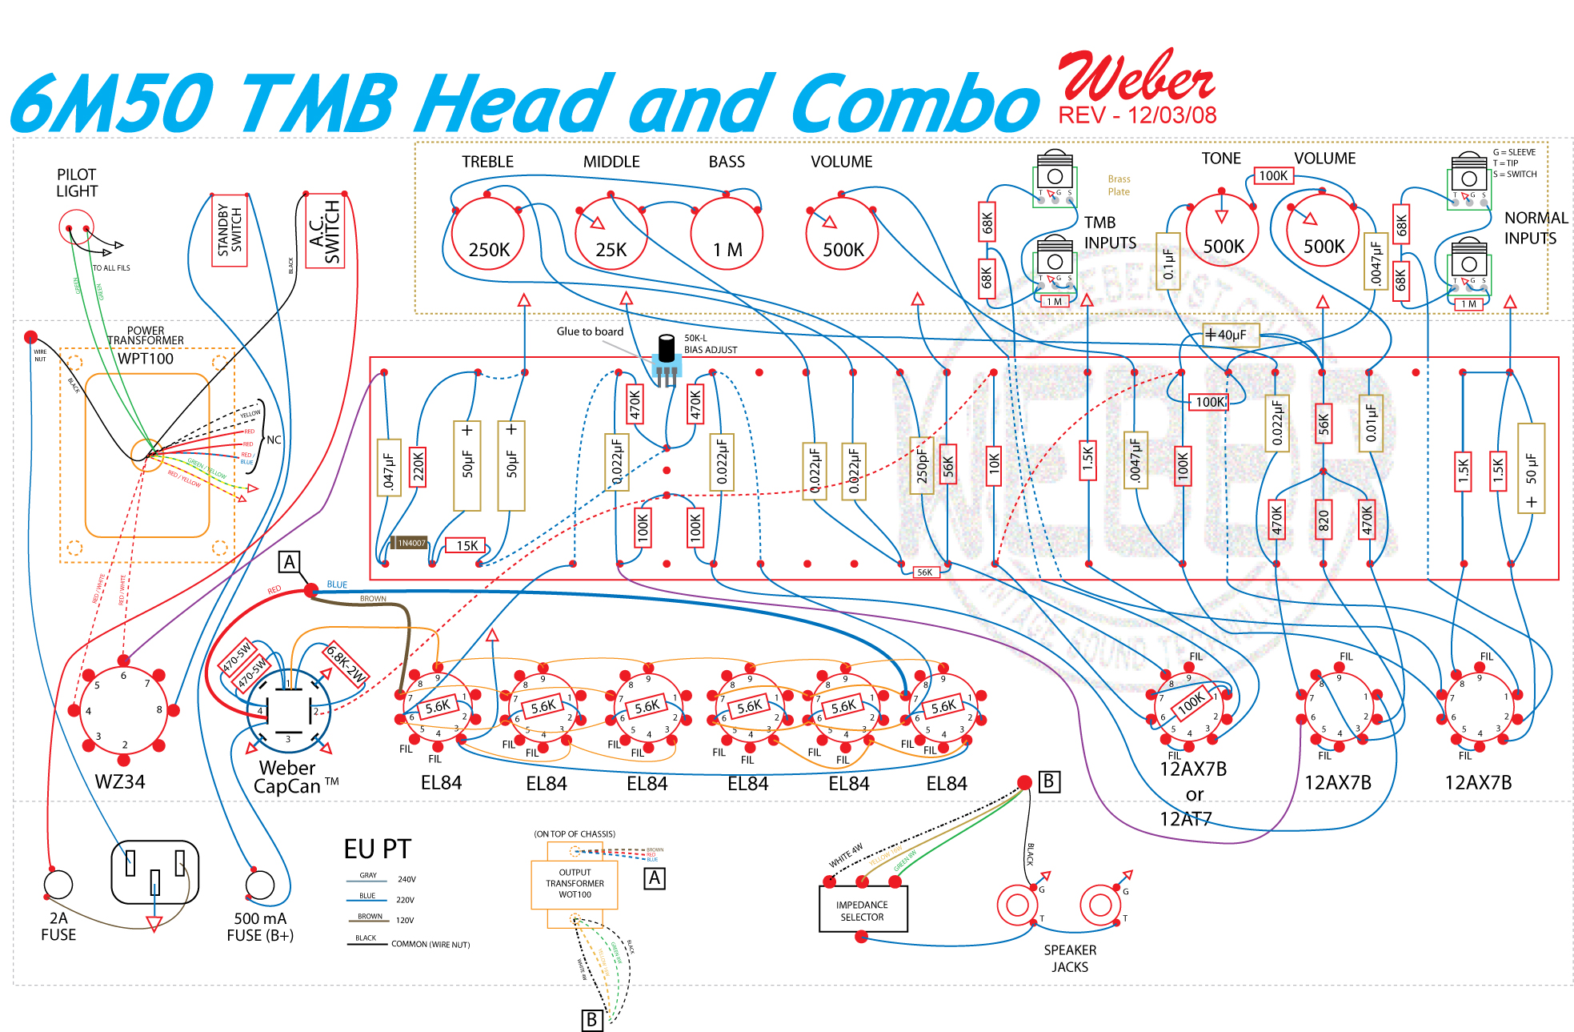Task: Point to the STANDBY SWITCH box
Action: [230, 230]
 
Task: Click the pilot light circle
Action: [76, 227]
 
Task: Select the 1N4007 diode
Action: [411, 543]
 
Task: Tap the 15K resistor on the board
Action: [467, 545]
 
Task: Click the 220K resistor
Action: [418, 467]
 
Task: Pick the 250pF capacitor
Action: [922, 465]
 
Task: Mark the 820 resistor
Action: [1323, 520]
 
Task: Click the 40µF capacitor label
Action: [1232, 335]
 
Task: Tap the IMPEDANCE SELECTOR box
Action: [863, 910]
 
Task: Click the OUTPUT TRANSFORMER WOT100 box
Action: [575, 884]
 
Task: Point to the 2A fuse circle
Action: [58, 885]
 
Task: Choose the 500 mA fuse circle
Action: [260, 885]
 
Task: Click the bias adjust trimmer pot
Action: [666, 360]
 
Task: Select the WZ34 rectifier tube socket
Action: [123, 710]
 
